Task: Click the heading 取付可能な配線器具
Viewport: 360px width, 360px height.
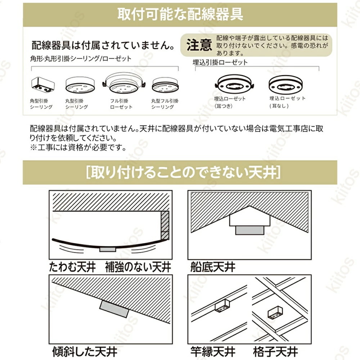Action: click(x=180, y=14)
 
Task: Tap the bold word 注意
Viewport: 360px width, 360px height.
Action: click(x=199, y=45)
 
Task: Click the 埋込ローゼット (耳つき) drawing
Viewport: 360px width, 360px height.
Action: click(x=234, y=85)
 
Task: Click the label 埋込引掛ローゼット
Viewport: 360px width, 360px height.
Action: click(x=220, y=62)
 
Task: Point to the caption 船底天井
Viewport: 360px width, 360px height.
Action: click(x=213, y=267)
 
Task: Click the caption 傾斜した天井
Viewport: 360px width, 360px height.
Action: click(x=85, y=351)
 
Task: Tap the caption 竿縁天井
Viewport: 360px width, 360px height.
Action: click(x=213, y=351)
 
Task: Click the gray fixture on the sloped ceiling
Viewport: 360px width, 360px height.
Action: click(x=113, y=309)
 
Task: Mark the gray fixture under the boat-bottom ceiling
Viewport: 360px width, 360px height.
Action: click(x=249, y=230)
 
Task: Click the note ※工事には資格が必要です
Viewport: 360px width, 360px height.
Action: click(x=78, y=147)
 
